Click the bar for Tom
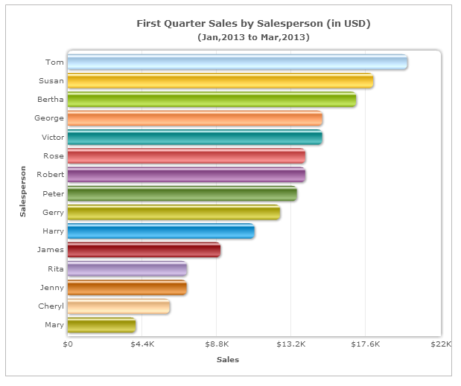(237, 62)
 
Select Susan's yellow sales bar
(220, 81)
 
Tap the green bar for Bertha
(212, 100)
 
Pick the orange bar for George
(194, 118)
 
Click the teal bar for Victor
(194, 138)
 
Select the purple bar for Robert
(185, 175)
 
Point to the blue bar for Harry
(160, 231)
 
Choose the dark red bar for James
(143, 250)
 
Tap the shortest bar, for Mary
(101, 325)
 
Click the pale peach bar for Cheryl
(118, 306)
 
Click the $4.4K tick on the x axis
(142, 344)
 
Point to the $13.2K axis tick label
(291, 344)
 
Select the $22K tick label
(441, 344)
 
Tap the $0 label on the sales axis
(68, 344)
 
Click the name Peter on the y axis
(53, 193)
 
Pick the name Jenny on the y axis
(51, 287)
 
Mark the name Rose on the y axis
(54, 156)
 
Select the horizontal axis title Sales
(228, 360)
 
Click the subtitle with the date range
(253, 36)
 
